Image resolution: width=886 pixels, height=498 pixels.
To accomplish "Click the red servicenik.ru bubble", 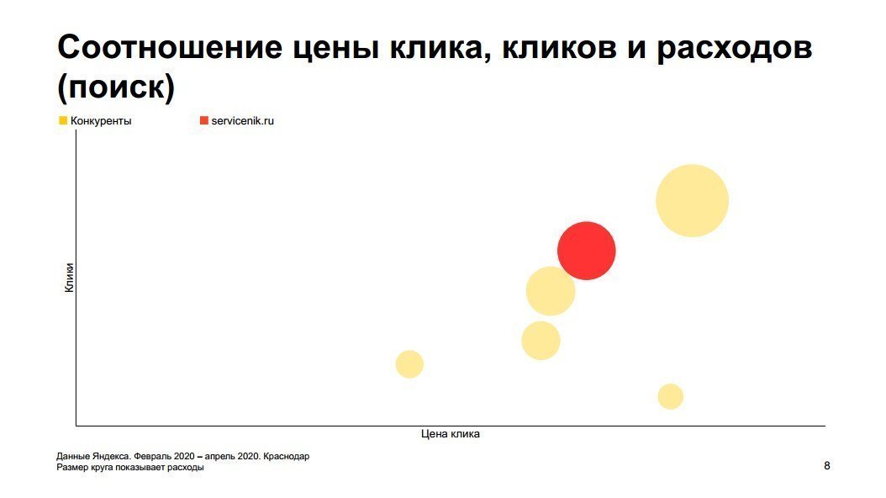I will [587, 251].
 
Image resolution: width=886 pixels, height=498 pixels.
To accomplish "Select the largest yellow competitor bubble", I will [692, 201].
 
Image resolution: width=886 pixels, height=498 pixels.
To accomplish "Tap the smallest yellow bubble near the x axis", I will [670, 396].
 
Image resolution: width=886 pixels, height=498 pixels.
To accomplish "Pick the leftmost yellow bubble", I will [409, 364].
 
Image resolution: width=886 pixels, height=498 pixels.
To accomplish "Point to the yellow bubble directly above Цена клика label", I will [541, 341].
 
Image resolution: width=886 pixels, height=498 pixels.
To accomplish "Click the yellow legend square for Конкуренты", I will [63, 120].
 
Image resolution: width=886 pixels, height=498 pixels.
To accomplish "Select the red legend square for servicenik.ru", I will [203, 120].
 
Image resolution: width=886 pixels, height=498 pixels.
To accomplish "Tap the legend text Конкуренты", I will [101, 121].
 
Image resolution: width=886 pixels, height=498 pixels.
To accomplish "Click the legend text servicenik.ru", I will [243, 121].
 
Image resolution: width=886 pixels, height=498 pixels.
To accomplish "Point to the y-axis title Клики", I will [69, 278].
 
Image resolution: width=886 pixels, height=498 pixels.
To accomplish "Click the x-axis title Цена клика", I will [451, 434].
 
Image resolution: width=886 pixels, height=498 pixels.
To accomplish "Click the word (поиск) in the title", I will [115, 87].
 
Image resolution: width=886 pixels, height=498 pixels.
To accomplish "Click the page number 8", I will [827, 465].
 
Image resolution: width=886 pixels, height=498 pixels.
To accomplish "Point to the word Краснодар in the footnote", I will [286, 457].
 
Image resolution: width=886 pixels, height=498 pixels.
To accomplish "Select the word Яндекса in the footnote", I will [110, 457].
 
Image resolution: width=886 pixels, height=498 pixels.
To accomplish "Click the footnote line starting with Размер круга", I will [129, 468].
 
